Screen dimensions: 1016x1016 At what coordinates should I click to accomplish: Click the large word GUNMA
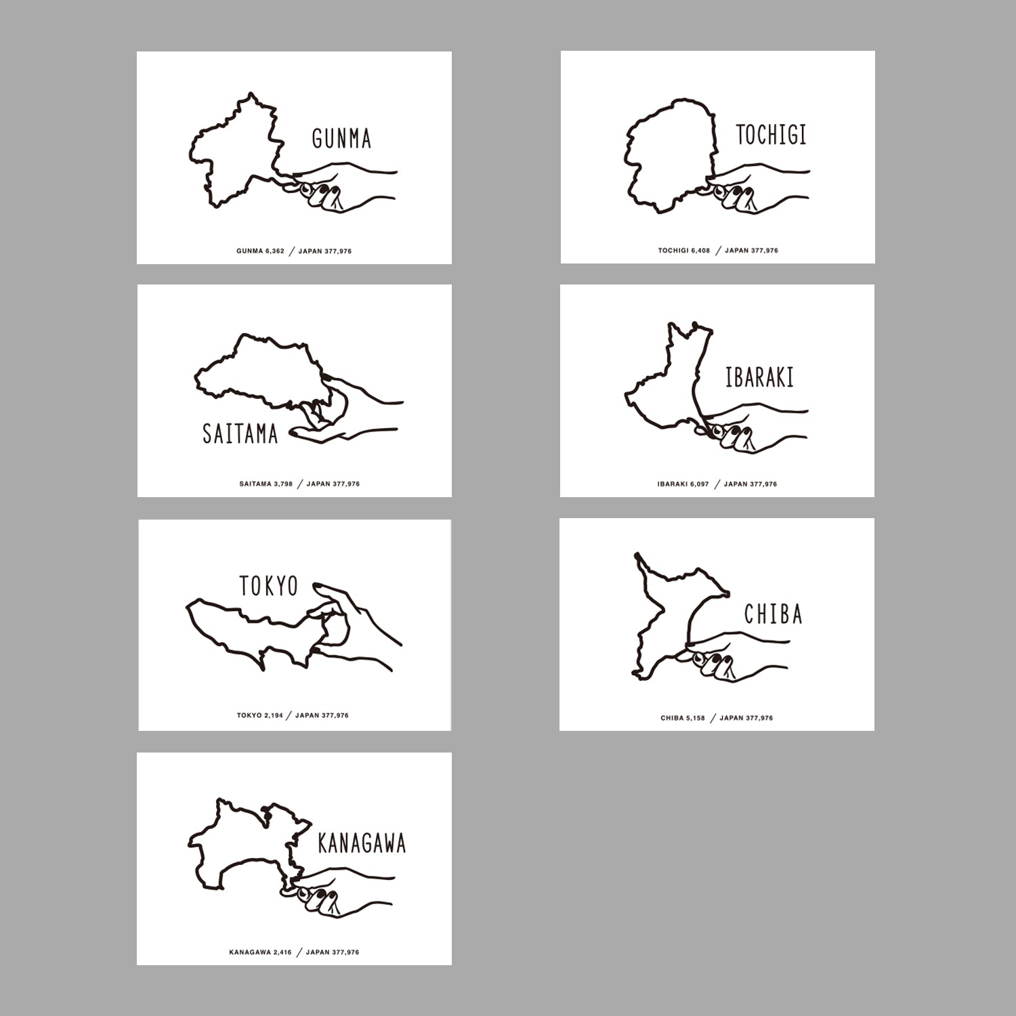341,138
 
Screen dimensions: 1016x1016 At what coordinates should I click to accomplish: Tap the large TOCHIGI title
771,135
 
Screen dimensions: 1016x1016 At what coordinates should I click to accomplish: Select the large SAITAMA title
240,433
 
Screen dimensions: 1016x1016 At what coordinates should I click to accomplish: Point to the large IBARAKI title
759,377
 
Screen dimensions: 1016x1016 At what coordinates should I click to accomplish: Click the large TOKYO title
269,586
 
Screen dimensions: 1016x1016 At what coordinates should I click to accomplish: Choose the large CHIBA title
773,614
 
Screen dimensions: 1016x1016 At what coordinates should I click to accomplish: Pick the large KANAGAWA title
362,843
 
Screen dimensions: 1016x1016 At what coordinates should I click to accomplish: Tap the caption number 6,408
700,251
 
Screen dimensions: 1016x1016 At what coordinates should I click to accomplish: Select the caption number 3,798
283,484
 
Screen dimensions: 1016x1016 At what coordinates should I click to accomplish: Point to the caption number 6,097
699,484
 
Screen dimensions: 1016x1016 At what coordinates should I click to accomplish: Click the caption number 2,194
274,715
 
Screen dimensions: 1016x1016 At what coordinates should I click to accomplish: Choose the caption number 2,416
282,952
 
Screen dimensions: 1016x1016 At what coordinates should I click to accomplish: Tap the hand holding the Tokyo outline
352,627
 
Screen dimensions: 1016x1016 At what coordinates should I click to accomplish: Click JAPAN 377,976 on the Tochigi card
751,251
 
